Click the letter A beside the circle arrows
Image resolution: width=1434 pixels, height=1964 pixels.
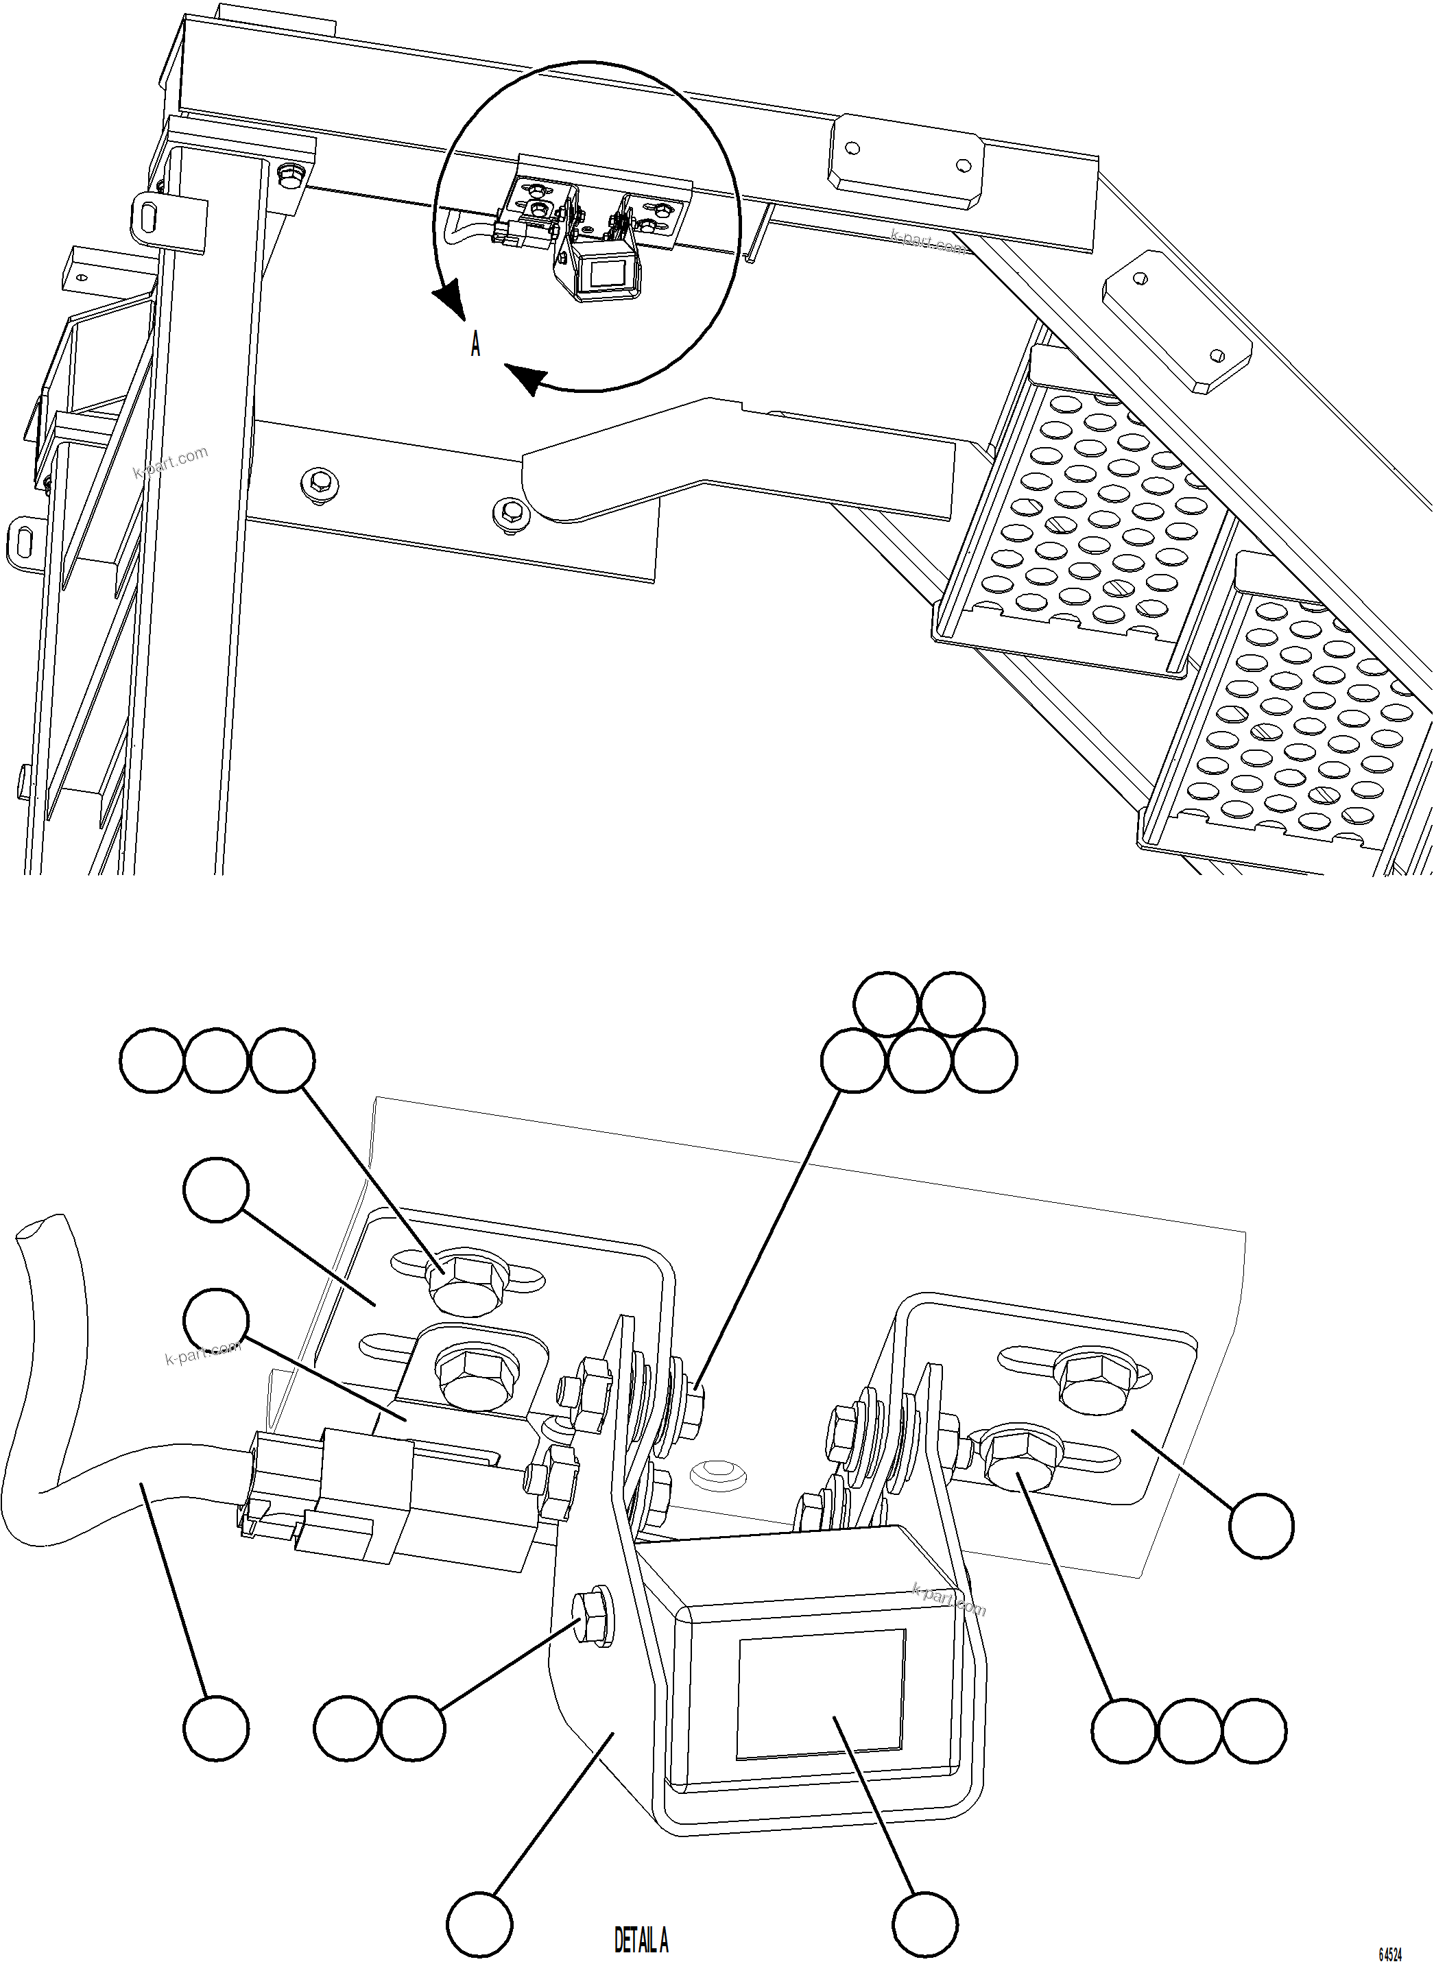(476, 346)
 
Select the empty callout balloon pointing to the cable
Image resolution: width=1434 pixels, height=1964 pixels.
(216, 1729)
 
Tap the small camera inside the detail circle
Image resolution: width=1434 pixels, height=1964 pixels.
(598, 268)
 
